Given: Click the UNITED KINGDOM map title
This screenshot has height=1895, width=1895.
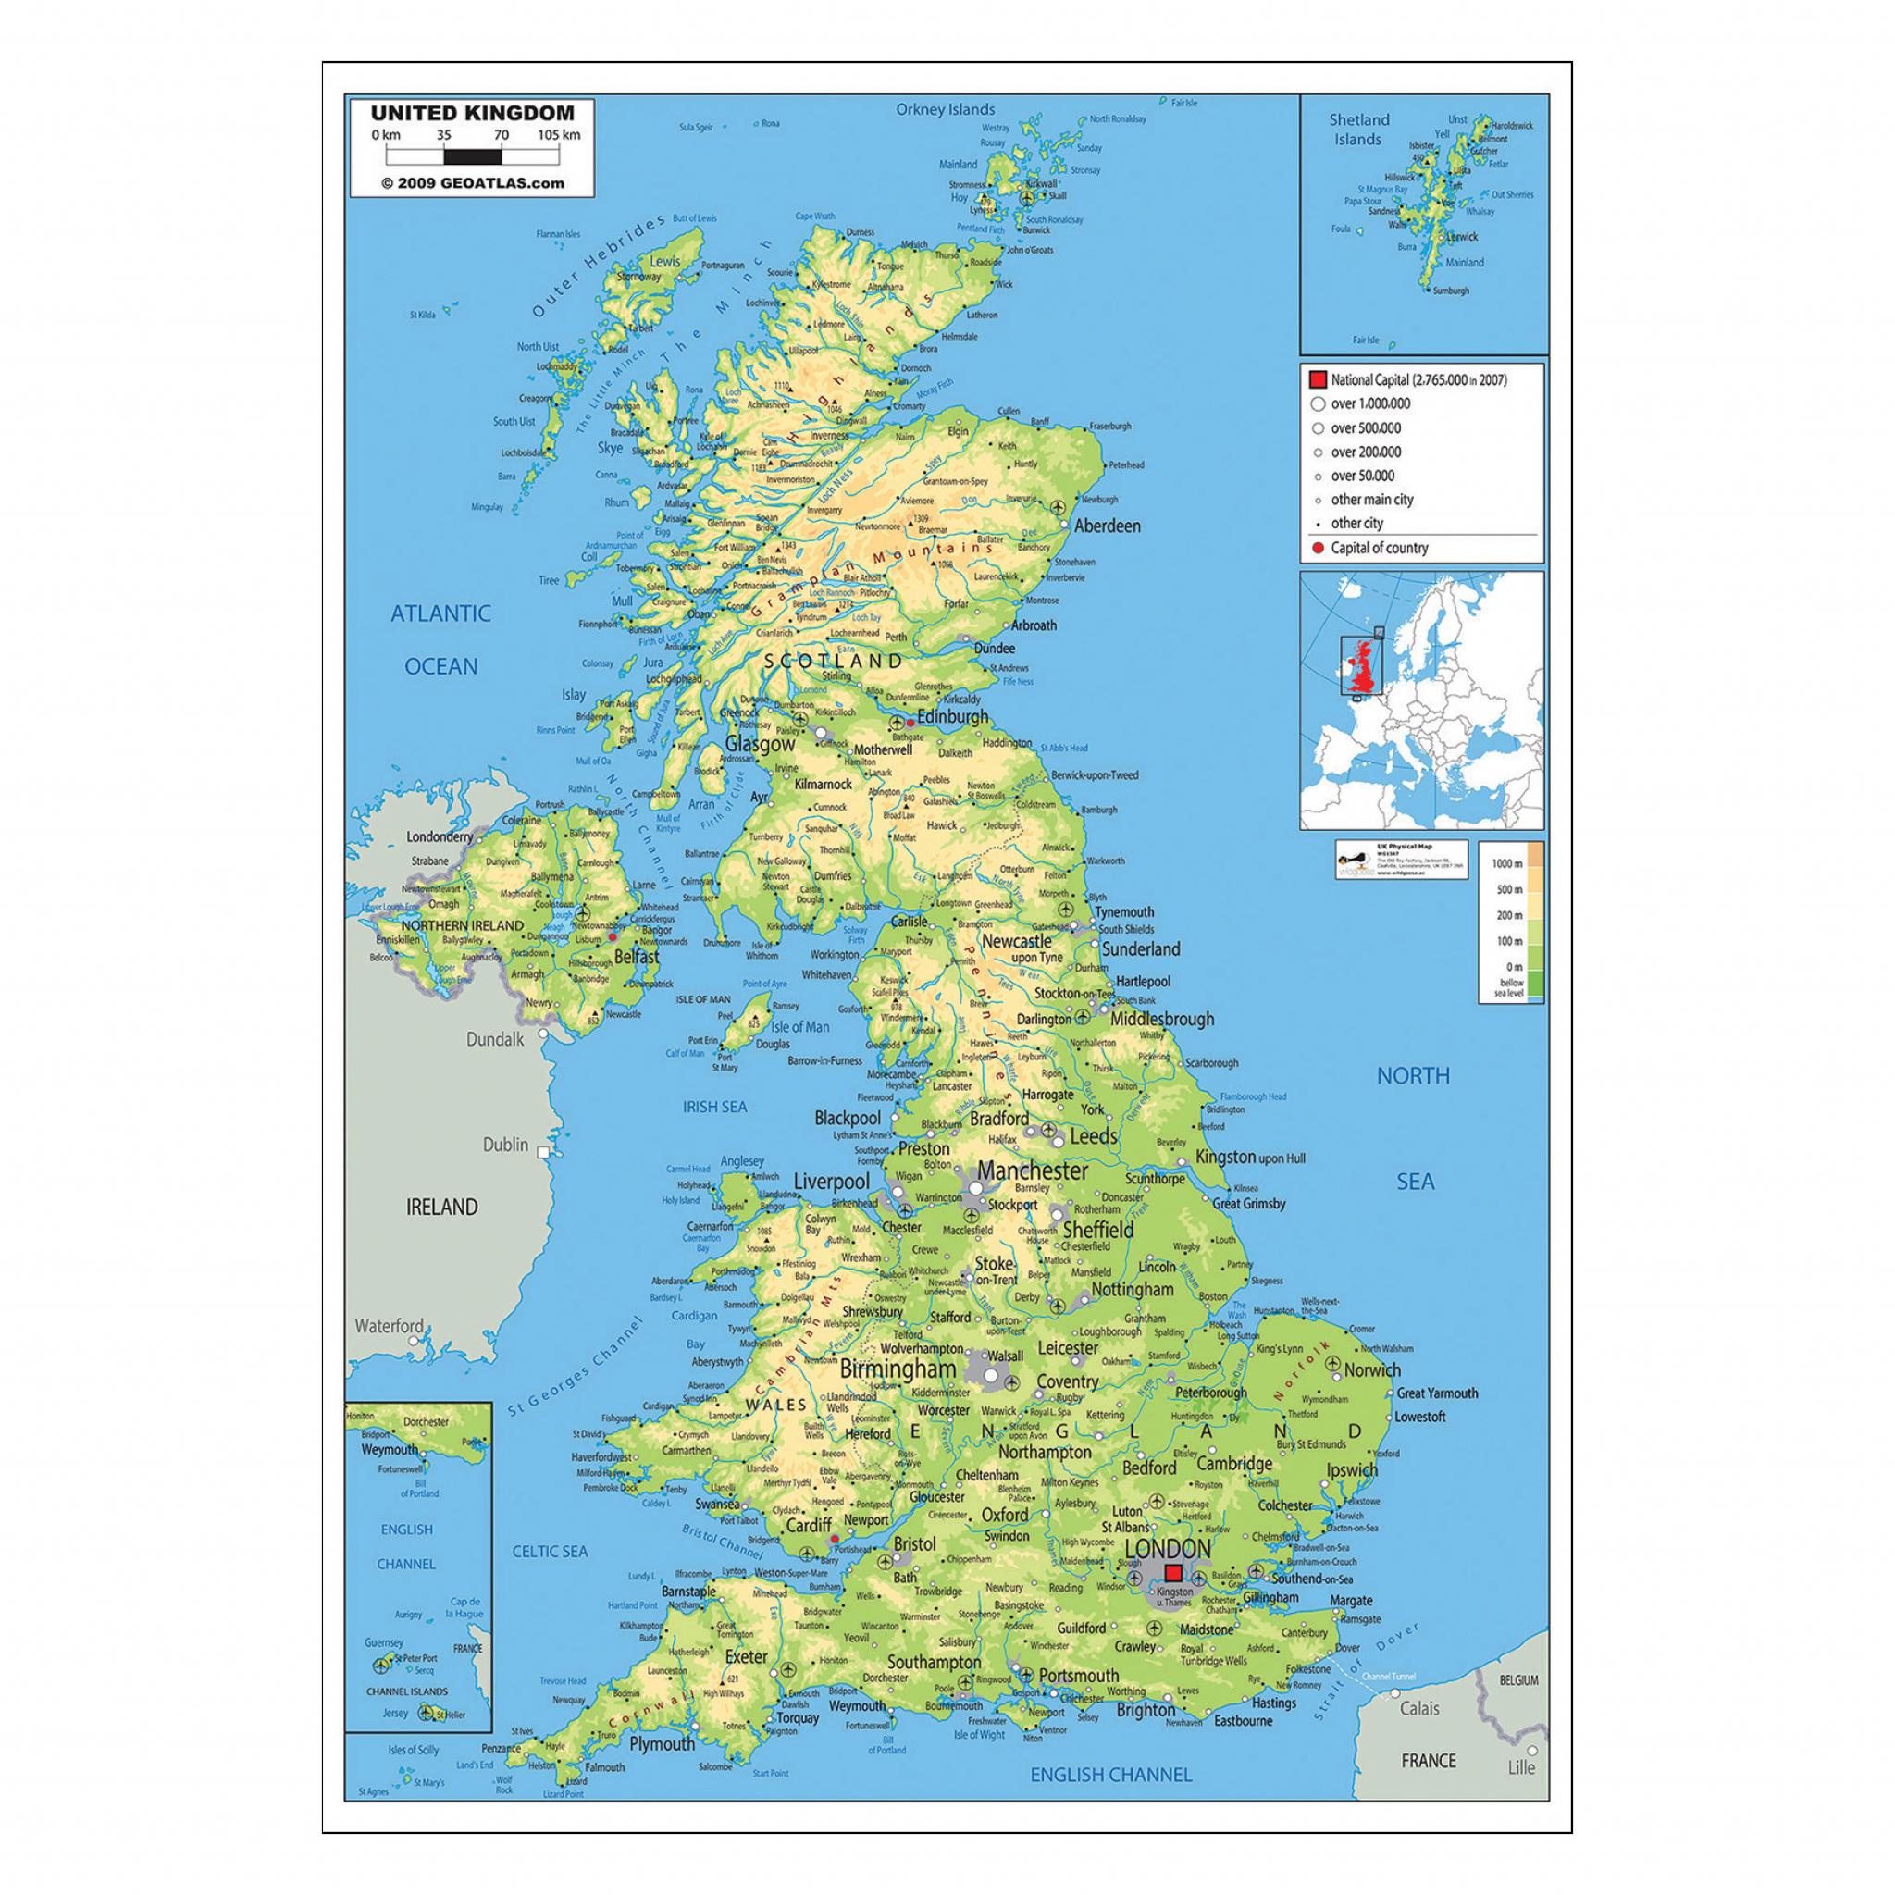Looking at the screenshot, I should coord(472,114).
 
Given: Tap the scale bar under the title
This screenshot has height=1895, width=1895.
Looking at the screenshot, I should coord(472,155).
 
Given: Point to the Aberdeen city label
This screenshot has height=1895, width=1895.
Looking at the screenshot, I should coord(1108,526).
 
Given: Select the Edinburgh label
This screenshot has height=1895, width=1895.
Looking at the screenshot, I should coord(952,717).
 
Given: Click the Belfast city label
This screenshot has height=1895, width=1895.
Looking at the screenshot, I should coord(637,957).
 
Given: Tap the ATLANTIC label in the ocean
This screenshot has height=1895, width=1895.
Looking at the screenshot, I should coord(440,614).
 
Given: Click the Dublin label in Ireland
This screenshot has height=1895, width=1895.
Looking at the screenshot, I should coord(505,1145).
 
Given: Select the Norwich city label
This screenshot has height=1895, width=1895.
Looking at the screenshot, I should coord(1372,1370).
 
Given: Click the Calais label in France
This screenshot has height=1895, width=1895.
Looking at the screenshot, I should coord(1419,1709).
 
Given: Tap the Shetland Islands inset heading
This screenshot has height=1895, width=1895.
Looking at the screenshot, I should coord(1358,130).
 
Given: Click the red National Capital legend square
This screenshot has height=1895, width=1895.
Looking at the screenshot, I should coord(1318,379).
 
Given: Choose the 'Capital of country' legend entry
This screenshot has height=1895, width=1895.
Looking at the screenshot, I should coord(1379,549).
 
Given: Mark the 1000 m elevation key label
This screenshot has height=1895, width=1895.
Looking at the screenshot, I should coord(1506,863).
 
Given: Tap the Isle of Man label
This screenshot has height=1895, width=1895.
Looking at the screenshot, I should coord(799,1027).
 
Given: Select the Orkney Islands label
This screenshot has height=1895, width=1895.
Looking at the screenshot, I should coord(945,110).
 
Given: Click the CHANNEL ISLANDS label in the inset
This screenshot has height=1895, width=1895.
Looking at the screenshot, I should coord(406,1692).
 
